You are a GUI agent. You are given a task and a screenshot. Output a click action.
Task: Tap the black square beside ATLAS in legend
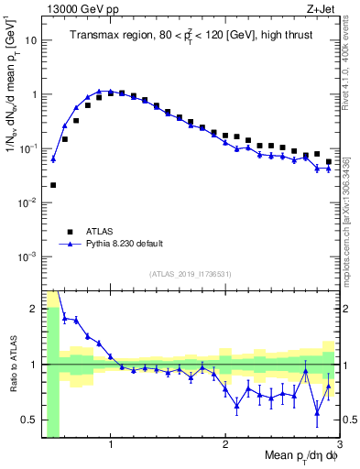pos(68,232)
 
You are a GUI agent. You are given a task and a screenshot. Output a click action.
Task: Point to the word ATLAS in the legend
pos(102,232)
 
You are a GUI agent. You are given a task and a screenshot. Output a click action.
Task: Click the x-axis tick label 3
pos(339,446)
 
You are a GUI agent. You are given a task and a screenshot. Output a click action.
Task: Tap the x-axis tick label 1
pos(110,446)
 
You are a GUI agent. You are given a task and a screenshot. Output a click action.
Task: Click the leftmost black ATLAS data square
pos(53,185)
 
